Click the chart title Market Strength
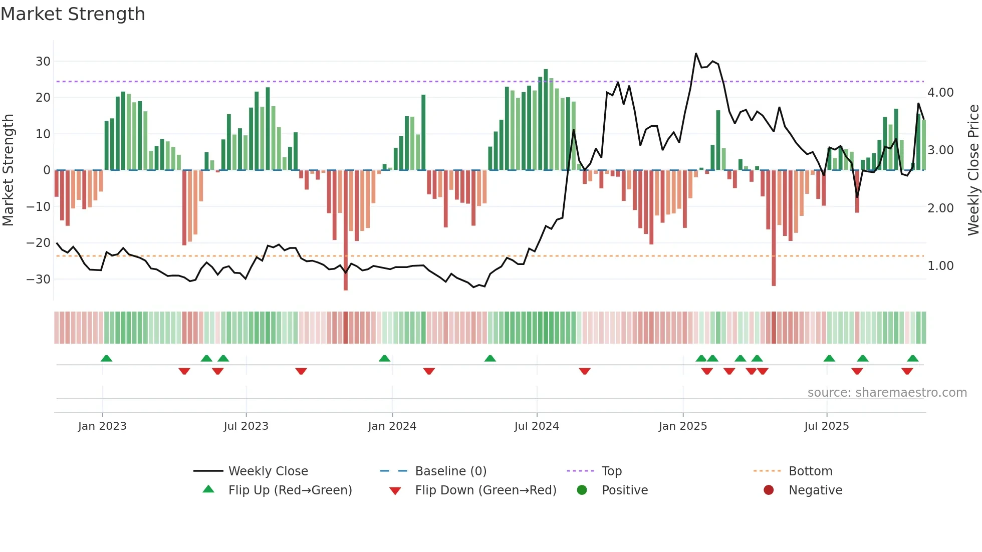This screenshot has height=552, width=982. tap(73, 14)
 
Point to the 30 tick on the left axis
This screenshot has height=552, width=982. tap(43, 61)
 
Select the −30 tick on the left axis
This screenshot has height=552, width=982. tap(39, 279)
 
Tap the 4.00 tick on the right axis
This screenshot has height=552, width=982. tap(940, 93)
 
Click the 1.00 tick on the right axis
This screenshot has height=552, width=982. tap(940, 266)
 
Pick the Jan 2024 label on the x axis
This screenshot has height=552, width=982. tap(392, 426)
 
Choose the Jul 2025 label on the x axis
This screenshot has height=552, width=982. tap(826, 426)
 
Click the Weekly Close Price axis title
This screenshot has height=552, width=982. tap(973, 170)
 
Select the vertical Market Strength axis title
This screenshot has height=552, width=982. tap(8, 170)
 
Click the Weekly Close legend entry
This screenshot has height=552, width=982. tap(268, 471)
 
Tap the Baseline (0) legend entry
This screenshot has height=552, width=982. tap(450, 471)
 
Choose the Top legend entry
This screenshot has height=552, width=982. tap(611, 471)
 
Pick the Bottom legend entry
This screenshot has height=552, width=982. tap(810, 471)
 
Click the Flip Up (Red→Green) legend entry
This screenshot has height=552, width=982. tap(290, 490)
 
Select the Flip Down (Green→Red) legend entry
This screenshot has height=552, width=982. tap(485, 490)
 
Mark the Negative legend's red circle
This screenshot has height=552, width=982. tap(769, 490)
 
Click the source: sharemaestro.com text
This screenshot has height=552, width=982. tap(887, 393)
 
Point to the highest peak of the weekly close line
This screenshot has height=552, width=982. tap(696, 54)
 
